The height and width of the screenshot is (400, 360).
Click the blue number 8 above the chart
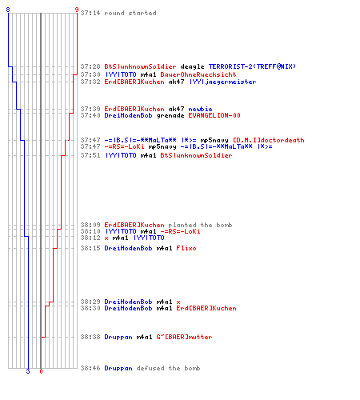click(x=8, y=10)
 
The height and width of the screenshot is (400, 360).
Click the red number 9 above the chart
click(x=77, y=10)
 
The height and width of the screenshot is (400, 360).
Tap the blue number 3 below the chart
click(x=28, y=371)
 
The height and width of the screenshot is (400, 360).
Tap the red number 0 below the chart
click(x=41, y=371)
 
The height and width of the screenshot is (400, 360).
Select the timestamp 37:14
click(x=90, y=13)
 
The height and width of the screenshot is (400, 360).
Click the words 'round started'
click(x=130, y=13)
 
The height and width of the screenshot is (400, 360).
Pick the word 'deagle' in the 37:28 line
click(x=192, y=66)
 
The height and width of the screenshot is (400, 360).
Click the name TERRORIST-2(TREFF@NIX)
click(x=252, y=66)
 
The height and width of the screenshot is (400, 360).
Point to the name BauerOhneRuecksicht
click(x=198, y=74)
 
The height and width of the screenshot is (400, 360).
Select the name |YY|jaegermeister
click(x=222, y=82)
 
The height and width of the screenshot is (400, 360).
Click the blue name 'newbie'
click(x=200, y=109)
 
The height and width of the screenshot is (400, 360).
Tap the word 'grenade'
click(x=170, y=115)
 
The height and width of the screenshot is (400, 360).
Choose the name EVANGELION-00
click(x=214, y=115)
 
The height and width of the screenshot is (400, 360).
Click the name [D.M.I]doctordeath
click(x=269, y=140)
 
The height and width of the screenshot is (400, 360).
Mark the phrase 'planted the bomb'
click(x=200, y=225)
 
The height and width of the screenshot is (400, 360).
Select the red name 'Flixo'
click(x=186, y=248)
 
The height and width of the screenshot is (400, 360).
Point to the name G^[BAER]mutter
click(x=184, y=337)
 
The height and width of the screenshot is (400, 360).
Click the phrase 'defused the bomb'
click(x=168, y=368)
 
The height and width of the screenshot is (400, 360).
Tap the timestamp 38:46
click(x=90, y=368)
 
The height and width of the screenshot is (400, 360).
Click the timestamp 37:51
click(x=90, y=155)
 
